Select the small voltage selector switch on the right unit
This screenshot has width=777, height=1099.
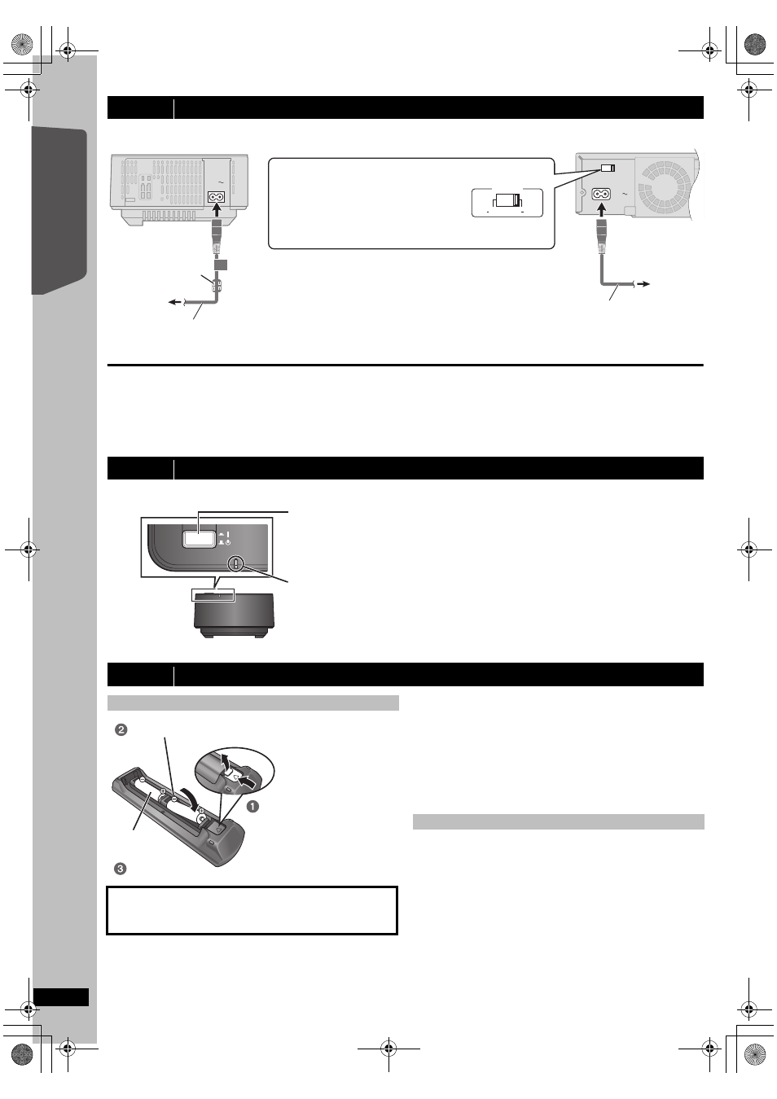(x=607, y=169)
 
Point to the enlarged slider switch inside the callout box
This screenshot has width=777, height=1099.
(x=507, y=201)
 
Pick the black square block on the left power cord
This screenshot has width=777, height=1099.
(x=221, y=265)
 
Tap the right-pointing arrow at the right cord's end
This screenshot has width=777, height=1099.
(x=644, y=283)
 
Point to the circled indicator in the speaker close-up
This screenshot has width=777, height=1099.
(x=235, y=562)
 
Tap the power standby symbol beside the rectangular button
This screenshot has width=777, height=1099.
(x=229, y=543)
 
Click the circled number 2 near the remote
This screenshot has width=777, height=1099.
(x=121, y=729)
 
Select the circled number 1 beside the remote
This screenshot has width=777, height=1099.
(x=252, y=806)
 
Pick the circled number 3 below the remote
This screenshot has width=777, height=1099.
(x=121, y=869)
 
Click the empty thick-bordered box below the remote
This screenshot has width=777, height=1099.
(x=252, y=910)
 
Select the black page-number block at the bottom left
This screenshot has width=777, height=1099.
(x=61, y=997)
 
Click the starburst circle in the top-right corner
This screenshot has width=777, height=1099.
(x=755, y=43)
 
